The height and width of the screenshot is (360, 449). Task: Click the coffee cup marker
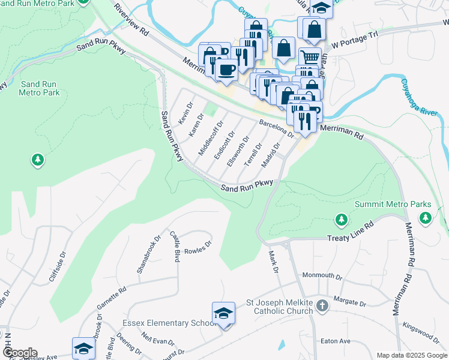tap(226, 70)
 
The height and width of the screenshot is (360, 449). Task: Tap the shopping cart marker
tap(310, 58)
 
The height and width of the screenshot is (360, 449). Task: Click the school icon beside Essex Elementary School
tap(223, 314)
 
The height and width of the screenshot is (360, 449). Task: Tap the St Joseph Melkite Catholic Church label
tap(280, 307)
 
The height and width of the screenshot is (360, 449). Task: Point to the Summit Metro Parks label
tap(393, 205)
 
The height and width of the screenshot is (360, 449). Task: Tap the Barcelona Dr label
tap(276, 128)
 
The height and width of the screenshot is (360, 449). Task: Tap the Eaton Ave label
tap(336, 341)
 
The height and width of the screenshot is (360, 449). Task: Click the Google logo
tap(20, 353)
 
